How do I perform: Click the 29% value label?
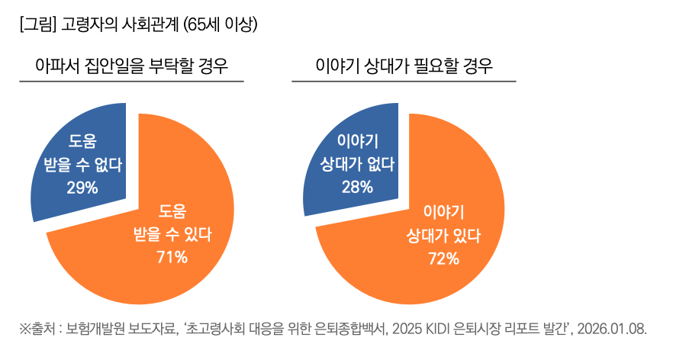click(x=82, y=187)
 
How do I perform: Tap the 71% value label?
click(x=172, y=257)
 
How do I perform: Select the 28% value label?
click(x=357, y=187)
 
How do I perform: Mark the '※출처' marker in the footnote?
click(x=38, y=329)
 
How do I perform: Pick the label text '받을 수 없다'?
click(x=82, y=165)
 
